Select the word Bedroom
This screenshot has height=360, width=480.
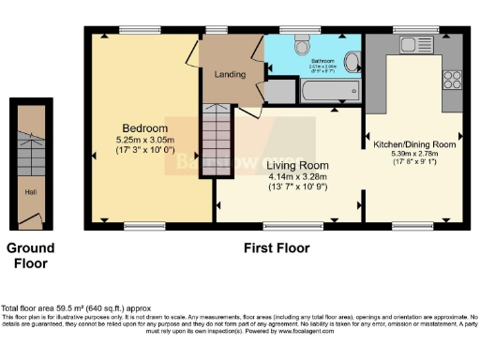145,128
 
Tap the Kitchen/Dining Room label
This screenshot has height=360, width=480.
414,145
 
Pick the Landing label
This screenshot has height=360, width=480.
230,74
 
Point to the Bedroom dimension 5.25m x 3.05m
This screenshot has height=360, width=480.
145,140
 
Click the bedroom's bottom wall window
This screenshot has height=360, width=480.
144,226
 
